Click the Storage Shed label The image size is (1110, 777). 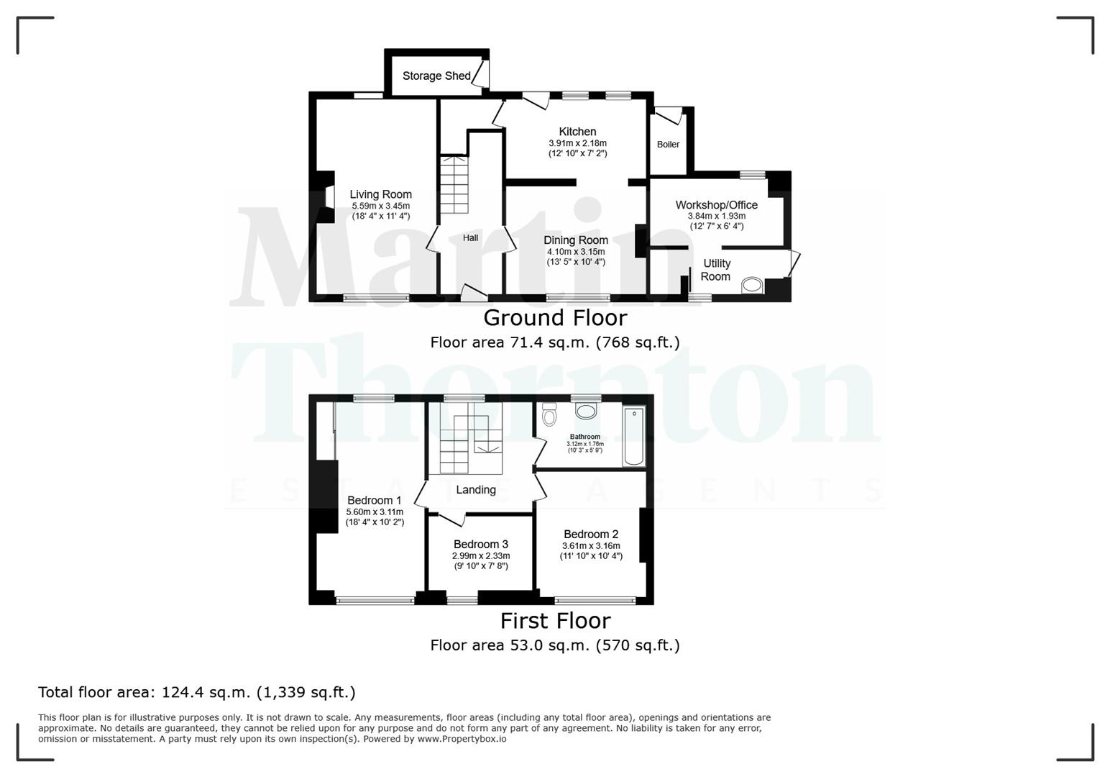tap(436, 76)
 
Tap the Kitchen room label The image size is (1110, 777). tap(577, 132)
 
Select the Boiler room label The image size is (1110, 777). tap(668, 145)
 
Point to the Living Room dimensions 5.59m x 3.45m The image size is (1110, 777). tap(380, 206)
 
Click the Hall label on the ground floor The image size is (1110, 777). tap(470, 238)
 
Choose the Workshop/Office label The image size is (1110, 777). tap(716, 205)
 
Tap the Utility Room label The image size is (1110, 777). tap(716, 270)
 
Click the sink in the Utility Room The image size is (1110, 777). tap(752, 286)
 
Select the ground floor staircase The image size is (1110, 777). tap(454, 184)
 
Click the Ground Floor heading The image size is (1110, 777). tap(554, 317)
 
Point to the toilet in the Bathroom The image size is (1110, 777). tap(549, 414)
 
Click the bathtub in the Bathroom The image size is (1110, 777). tap(633, 436)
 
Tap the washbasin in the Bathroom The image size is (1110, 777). tap(587, 411)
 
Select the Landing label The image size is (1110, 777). tap(475, 490)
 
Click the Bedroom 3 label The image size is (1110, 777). tap(480, 545)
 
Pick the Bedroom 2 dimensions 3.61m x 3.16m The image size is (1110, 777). tap(591, 546)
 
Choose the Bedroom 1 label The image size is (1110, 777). tap(374, 501)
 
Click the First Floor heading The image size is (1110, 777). tap(555, 620)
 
